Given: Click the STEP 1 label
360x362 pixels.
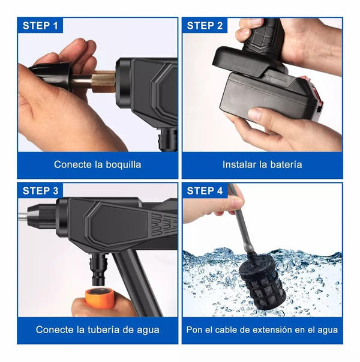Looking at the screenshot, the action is (40, 26).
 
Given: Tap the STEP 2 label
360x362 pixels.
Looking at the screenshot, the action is (205, 26).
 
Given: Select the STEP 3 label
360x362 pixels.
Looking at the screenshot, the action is (40, 191).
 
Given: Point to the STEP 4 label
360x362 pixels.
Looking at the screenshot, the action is (205, 191).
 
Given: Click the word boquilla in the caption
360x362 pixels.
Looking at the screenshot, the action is (124, 165).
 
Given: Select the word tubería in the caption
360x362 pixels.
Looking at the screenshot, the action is (103, 330).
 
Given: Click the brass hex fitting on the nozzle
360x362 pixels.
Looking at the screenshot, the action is (104, 82).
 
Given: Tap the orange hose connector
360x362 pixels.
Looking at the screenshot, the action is (100, 298).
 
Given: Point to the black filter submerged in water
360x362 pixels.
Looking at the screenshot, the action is (262, 283).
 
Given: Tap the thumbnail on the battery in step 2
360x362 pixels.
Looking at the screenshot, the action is (256, 113).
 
